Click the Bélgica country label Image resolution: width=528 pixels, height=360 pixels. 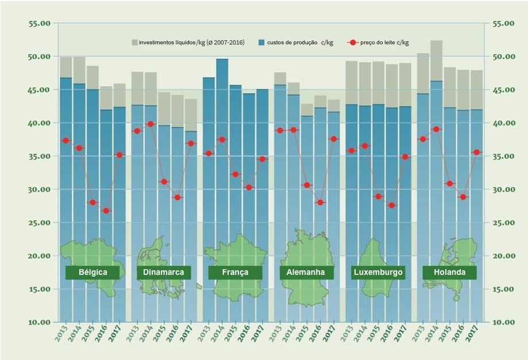coord(93,272)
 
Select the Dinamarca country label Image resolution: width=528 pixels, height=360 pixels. coord(164,272)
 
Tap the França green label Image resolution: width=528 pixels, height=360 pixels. coord(235,272)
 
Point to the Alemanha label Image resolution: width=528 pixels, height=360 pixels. coord(306,272)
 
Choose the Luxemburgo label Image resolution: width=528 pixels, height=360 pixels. coord(378,272)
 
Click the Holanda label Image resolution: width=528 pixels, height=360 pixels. coord(449,272)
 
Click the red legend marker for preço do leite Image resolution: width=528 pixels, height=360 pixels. coord(353,43)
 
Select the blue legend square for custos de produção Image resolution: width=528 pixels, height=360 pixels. coord(261,43)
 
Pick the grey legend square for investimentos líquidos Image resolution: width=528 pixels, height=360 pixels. coord(134,43)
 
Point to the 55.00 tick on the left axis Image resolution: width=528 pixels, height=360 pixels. coord(39,24)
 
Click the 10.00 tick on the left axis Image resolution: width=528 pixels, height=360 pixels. coord(39,322)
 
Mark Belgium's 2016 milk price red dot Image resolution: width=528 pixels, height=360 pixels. coord(106,210)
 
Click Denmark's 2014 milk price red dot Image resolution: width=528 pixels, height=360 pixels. coord(151,124)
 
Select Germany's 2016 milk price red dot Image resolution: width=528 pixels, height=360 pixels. coord(321,202)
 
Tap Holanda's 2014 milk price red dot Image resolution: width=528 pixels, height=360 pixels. coord(436,129)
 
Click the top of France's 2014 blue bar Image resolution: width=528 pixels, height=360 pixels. coord(222,59)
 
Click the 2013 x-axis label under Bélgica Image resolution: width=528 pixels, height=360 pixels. coord(66,332)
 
